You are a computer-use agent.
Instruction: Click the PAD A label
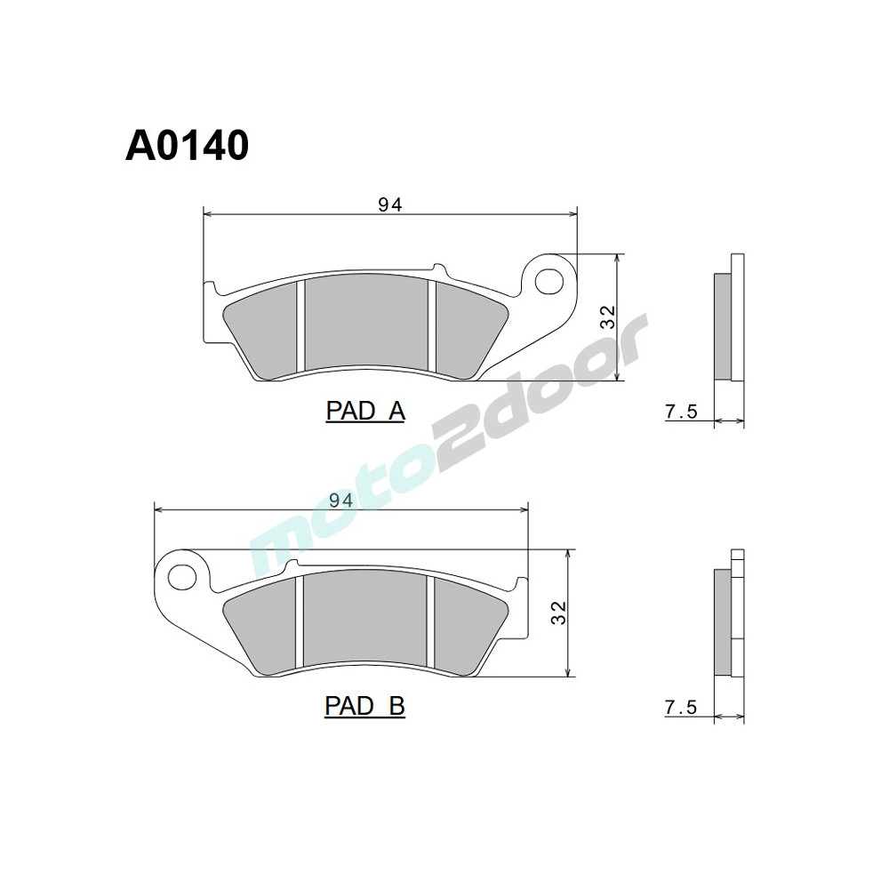click(x=365, y=411)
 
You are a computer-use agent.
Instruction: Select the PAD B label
click(x=364, y=706)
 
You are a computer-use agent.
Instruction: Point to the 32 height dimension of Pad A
click(x=607, y=317)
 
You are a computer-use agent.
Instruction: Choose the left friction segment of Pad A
click(x=264, y=328)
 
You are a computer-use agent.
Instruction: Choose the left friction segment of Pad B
click(x=264, y=624)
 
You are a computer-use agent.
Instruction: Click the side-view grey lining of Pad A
click(x=723, y=324)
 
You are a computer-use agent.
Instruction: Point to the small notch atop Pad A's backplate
click(x=436, y=268)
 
